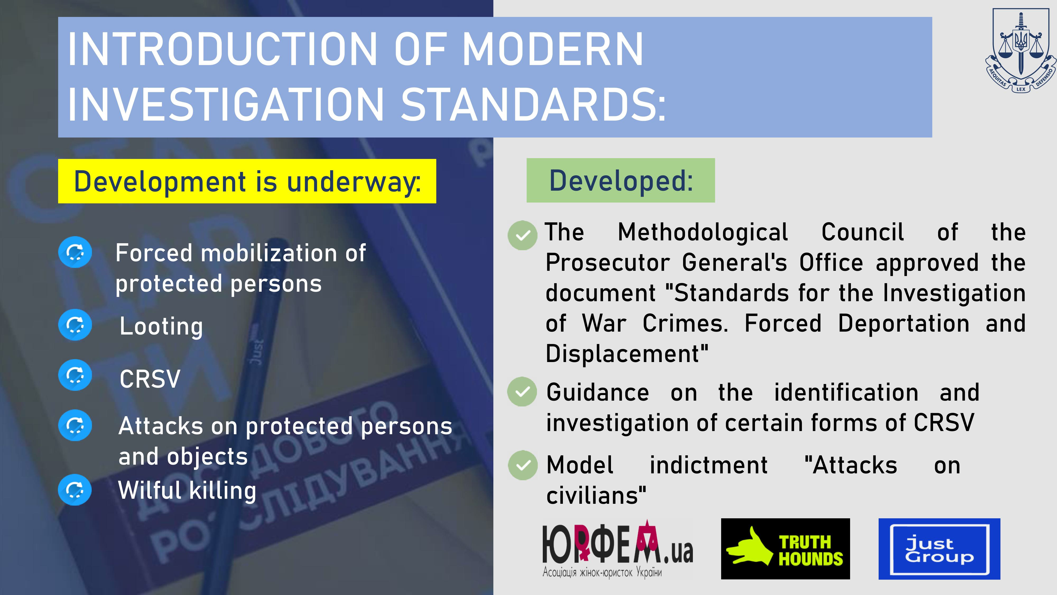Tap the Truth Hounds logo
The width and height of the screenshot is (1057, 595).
pos(785,549)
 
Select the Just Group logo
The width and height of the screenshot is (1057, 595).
pos(939,549)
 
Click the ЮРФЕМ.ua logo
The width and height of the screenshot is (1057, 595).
pos(618,549)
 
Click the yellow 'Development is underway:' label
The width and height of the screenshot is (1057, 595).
pos(247,181)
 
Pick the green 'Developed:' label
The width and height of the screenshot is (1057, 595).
pos(620,180)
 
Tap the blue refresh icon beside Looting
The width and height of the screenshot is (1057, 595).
pos(75,325)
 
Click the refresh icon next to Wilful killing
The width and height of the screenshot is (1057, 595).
pos(75,489)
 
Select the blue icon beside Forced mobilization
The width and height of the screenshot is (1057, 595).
pos(75,252)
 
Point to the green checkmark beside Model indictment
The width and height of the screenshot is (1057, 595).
pos(522,465)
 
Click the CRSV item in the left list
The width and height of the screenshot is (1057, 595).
pos(150,379)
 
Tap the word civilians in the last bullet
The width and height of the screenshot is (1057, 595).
pos(596,496)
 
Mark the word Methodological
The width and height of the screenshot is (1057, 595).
pos(703,232)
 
